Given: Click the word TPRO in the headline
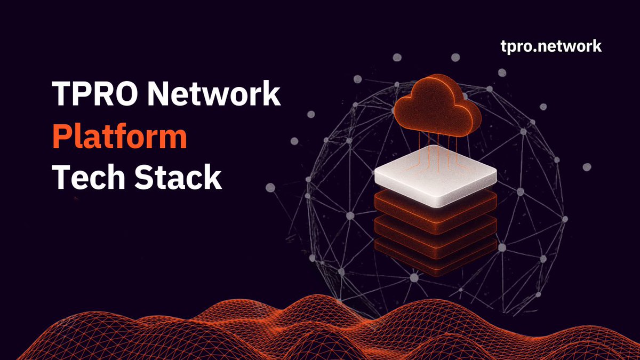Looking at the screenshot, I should point(94,95).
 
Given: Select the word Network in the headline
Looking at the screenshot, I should point(213,95).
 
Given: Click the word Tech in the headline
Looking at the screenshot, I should point(87,178).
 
